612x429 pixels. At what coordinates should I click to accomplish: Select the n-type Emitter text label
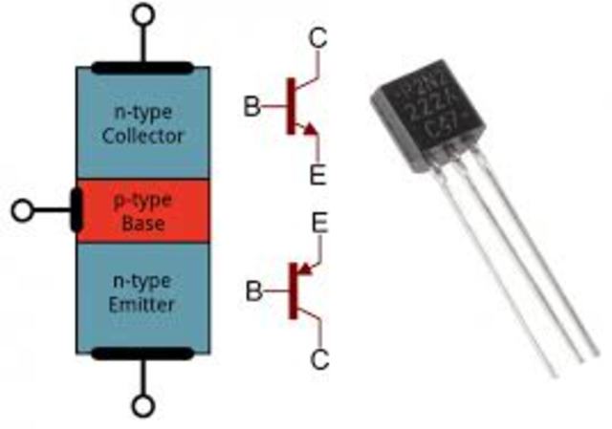(x=142, y=292)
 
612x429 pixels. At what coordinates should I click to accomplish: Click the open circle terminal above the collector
(x=142, y=15)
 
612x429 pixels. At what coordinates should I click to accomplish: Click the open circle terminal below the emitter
(x=142, y=407)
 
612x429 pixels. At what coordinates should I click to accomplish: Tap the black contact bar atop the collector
(x=142, y=68)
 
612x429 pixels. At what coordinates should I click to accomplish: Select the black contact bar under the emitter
(x=142, y=354)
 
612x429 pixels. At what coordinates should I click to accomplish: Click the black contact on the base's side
(x=76, y=210)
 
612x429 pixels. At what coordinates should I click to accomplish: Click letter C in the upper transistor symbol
(x=318, y=39)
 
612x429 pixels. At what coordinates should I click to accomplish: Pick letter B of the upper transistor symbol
(x=251, y=106)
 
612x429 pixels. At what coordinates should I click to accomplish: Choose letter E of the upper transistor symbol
(x=317, y=175)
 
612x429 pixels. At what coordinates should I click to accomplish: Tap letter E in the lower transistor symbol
(x=320, y=225)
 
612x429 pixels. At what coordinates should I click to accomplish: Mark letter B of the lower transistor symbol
(x=253, y=291)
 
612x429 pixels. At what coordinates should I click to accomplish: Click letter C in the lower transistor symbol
(x=320, y=359)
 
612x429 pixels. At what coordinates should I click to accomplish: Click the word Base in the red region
(x=142, y=225)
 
